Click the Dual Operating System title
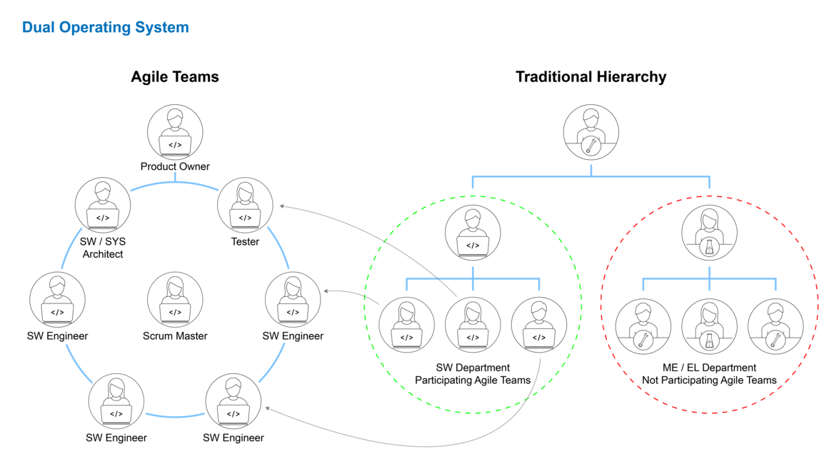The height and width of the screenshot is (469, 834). click(x=105, y=28)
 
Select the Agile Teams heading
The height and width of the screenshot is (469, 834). click(x=174, y=77)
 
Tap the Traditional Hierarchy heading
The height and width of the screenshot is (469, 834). click(x=591, y=77)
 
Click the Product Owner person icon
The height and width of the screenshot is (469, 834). click(x=175, y=133)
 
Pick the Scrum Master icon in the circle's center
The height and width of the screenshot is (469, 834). click(x=175, y=300)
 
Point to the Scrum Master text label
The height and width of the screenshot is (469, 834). click(x=175, y=336)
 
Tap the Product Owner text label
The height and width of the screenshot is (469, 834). click(x=175, y=167)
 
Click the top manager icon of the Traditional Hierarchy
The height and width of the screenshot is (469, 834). click(x=591, y=133)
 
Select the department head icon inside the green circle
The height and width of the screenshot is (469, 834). click(x=473, y=233)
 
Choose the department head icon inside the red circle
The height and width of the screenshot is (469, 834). click(x=709, y=233)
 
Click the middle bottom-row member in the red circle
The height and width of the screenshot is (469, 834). click(x=709, y=327)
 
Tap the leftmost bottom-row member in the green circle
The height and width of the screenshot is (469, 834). click(x=406, y=326)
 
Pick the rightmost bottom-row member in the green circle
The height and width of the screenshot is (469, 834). click(x=539, y=326)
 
